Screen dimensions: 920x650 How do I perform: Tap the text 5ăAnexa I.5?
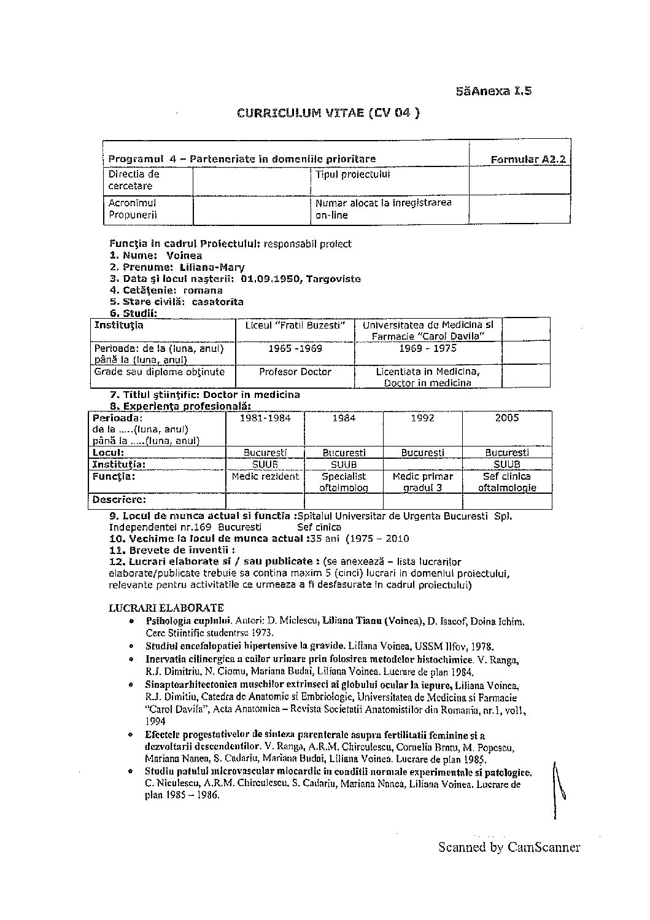pos(493,91)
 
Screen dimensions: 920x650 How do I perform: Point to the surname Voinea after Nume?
pos(184,255)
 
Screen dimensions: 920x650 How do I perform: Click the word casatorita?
pos(218,302)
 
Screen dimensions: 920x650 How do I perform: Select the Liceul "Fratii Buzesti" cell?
pos(295,325)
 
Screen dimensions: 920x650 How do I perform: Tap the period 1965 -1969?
pos(295,348)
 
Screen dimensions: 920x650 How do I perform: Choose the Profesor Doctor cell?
pos(295,372)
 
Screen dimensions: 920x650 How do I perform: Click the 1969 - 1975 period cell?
pos(427,348)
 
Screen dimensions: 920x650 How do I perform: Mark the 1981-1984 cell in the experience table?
pos(265,418)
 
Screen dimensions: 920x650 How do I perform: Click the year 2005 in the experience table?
pos(507,418)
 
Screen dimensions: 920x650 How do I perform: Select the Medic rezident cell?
pos(265,476)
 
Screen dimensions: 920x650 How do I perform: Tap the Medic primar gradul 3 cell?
pos(422,481)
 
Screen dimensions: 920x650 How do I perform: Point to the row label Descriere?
pos(120,500)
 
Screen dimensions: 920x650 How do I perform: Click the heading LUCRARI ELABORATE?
pos(166,608)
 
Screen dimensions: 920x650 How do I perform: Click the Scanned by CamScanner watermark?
pos(509,848)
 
